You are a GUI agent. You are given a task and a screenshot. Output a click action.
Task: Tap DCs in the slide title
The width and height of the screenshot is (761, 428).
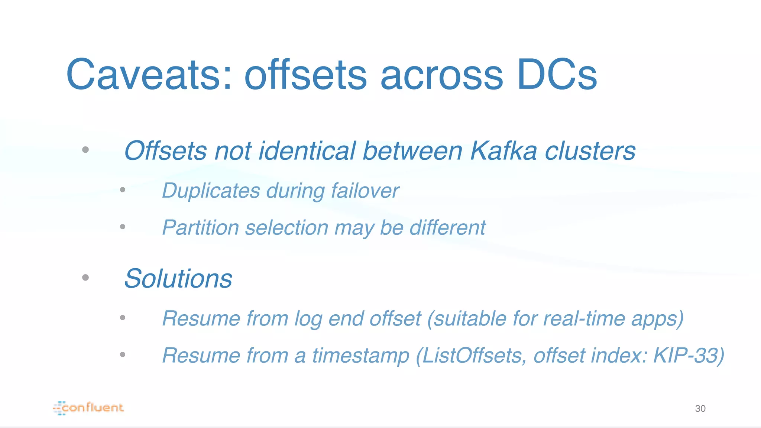[x=557, y=75]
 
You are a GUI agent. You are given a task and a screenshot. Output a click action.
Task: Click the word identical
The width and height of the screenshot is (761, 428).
[x=307, y=151]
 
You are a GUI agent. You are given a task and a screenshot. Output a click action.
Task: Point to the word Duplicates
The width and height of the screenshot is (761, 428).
[x=211, y=191]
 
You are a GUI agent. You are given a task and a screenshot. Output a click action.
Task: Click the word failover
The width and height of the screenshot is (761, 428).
[x=365, y=191]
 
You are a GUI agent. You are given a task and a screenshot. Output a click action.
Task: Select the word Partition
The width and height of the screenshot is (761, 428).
[x=201, y=228]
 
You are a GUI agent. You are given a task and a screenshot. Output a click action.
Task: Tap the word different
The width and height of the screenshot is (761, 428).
[x=447, y=228]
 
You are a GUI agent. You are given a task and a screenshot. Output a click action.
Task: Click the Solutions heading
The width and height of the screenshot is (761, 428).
[x=178, y=279]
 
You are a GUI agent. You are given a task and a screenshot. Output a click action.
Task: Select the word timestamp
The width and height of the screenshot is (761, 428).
[x=360, y=356]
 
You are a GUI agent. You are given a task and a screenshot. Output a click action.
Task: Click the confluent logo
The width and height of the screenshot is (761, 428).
[x=88, y=408]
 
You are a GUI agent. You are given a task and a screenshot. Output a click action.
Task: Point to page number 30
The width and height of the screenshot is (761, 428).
[x=700, y=409]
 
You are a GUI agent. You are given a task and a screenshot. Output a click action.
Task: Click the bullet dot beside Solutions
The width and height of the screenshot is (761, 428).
[x=85, y=278]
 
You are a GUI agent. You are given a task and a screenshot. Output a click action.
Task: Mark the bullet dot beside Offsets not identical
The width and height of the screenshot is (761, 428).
[x=85, y=150]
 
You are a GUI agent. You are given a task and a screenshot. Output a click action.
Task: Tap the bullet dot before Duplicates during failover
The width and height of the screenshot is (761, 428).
[x=123, y=190]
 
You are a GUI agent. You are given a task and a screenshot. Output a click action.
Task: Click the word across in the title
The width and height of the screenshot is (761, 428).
[x=441, y=75]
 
